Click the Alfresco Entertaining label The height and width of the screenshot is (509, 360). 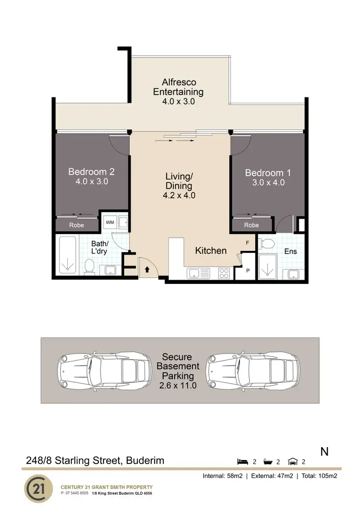(x=178, y=87)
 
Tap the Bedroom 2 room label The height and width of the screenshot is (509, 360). (x=91, y=171)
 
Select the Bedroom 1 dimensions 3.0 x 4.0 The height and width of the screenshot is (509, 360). (x=268, y=182)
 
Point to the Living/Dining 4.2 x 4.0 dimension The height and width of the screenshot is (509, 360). (x=179, y=195)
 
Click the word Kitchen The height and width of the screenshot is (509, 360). (x=211, y=250)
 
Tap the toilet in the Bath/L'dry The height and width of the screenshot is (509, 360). (x=89, y=267)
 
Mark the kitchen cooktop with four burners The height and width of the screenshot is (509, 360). (x=224, y=273)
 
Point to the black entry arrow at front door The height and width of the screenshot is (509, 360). (x=147, y=270)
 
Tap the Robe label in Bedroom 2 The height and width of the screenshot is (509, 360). (x=76, y=225)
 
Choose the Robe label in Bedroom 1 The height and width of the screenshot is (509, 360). (x=252, y=225)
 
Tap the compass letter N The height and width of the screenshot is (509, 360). (x=324, y=451)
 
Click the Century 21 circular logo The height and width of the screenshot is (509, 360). (x=38, y=487)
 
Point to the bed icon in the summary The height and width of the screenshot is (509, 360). (x=243, y=462)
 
